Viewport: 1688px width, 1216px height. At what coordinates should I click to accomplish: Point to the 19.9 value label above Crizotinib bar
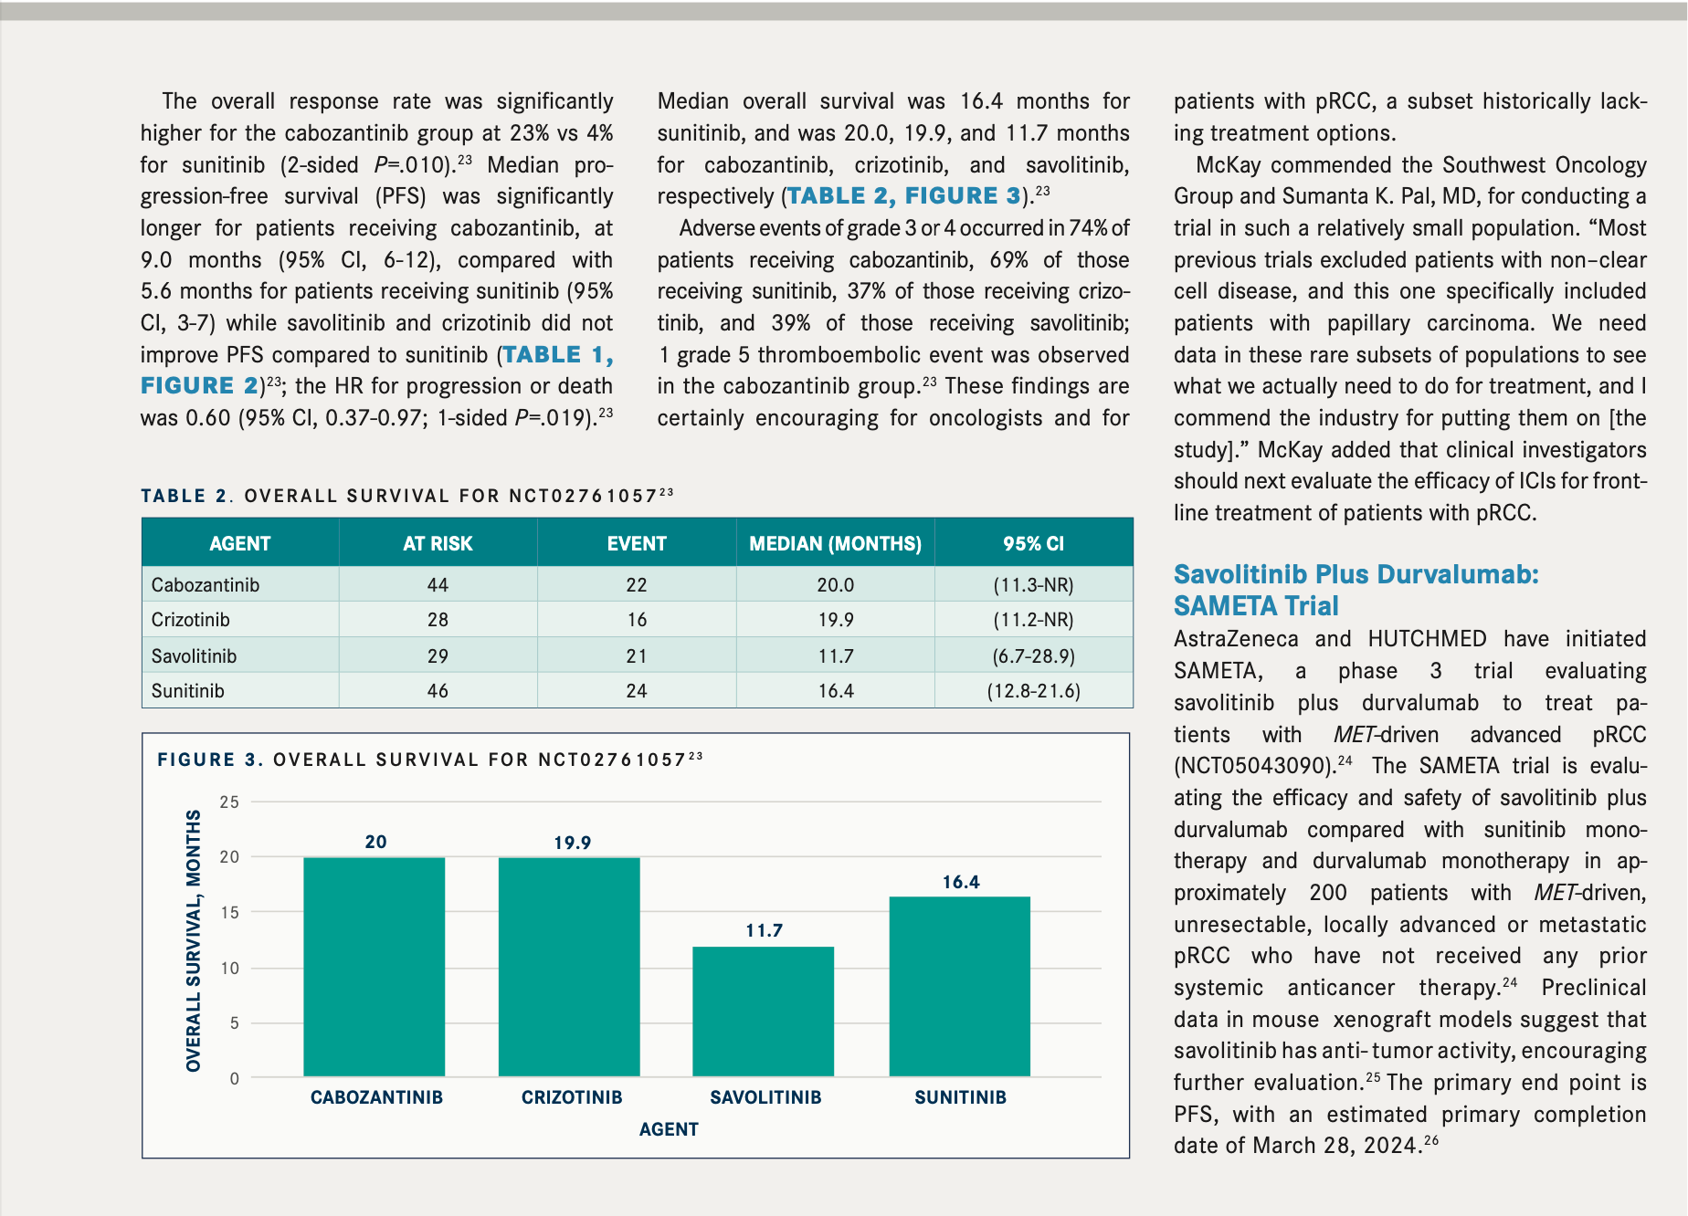(x=572, y=843)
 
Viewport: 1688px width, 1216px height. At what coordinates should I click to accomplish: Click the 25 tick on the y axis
(x=229, y=802)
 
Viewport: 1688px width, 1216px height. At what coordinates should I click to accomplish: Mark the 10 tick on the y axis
(x=229, y=968)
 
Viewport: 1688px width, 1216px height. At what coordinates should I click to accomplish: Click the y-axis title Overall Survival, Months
(x=193, y=940)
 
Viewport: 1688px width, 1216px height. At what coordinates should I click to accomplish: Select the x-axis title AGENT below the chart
(x=669, y=1129)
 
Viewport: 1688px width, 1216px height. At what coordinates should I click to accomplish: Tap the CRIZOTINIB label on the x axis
(x=572, y=1097)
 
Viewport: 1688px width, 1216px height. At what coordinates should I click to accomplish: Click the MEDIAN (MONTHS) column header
(x=835, y=543)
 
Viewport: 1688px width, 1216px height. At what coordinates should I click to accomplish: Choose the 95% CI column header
(x=1033, y=543)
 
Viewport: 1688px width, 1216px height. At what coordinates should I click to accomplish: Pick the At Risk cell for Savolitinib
(x=438, y=655)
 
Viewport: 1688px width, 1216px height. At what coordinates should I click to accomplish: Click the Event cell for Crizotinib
(x=637, y=620)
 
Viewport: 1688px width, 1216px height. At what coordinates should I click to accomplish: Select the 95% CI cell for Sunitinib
(x=1033, y=691)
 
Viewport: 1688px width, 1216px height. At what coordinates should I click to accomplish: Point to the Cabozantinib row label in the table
(x=206, y=585)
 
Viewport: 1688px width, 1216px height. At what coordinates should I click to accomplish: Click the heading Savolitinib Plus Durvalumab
(x=1356, y=574)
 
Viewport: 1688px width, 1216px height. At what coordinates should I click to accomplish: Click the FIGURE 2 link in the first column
(x=199, y=386)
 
